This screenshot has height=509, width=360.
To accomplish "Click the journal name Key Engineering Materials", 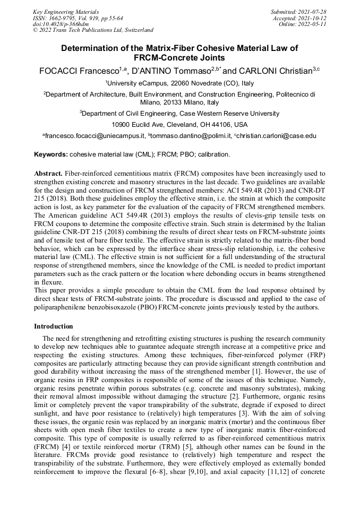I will [66, 12].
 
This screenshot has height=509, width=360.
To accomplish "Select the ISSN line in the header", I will [78, 18].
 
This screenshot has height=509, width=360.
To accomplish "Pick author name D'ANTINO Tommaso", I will [170, 71].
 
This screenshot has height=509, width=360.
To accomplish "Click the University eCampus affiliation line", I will [179, 83].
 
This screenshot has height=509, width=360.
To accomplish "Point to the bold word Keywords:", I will [51, 154].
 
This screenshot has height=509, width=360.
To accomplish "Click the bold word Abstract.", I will [48, 174].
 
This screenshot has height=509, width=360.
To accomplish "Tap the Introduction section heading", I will [54, 326].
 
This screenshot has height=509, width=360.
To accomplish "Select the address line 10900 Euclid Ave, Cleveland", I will [179, 125].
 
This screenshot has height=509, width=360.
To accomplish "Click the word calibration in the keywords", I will [213, 154].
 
